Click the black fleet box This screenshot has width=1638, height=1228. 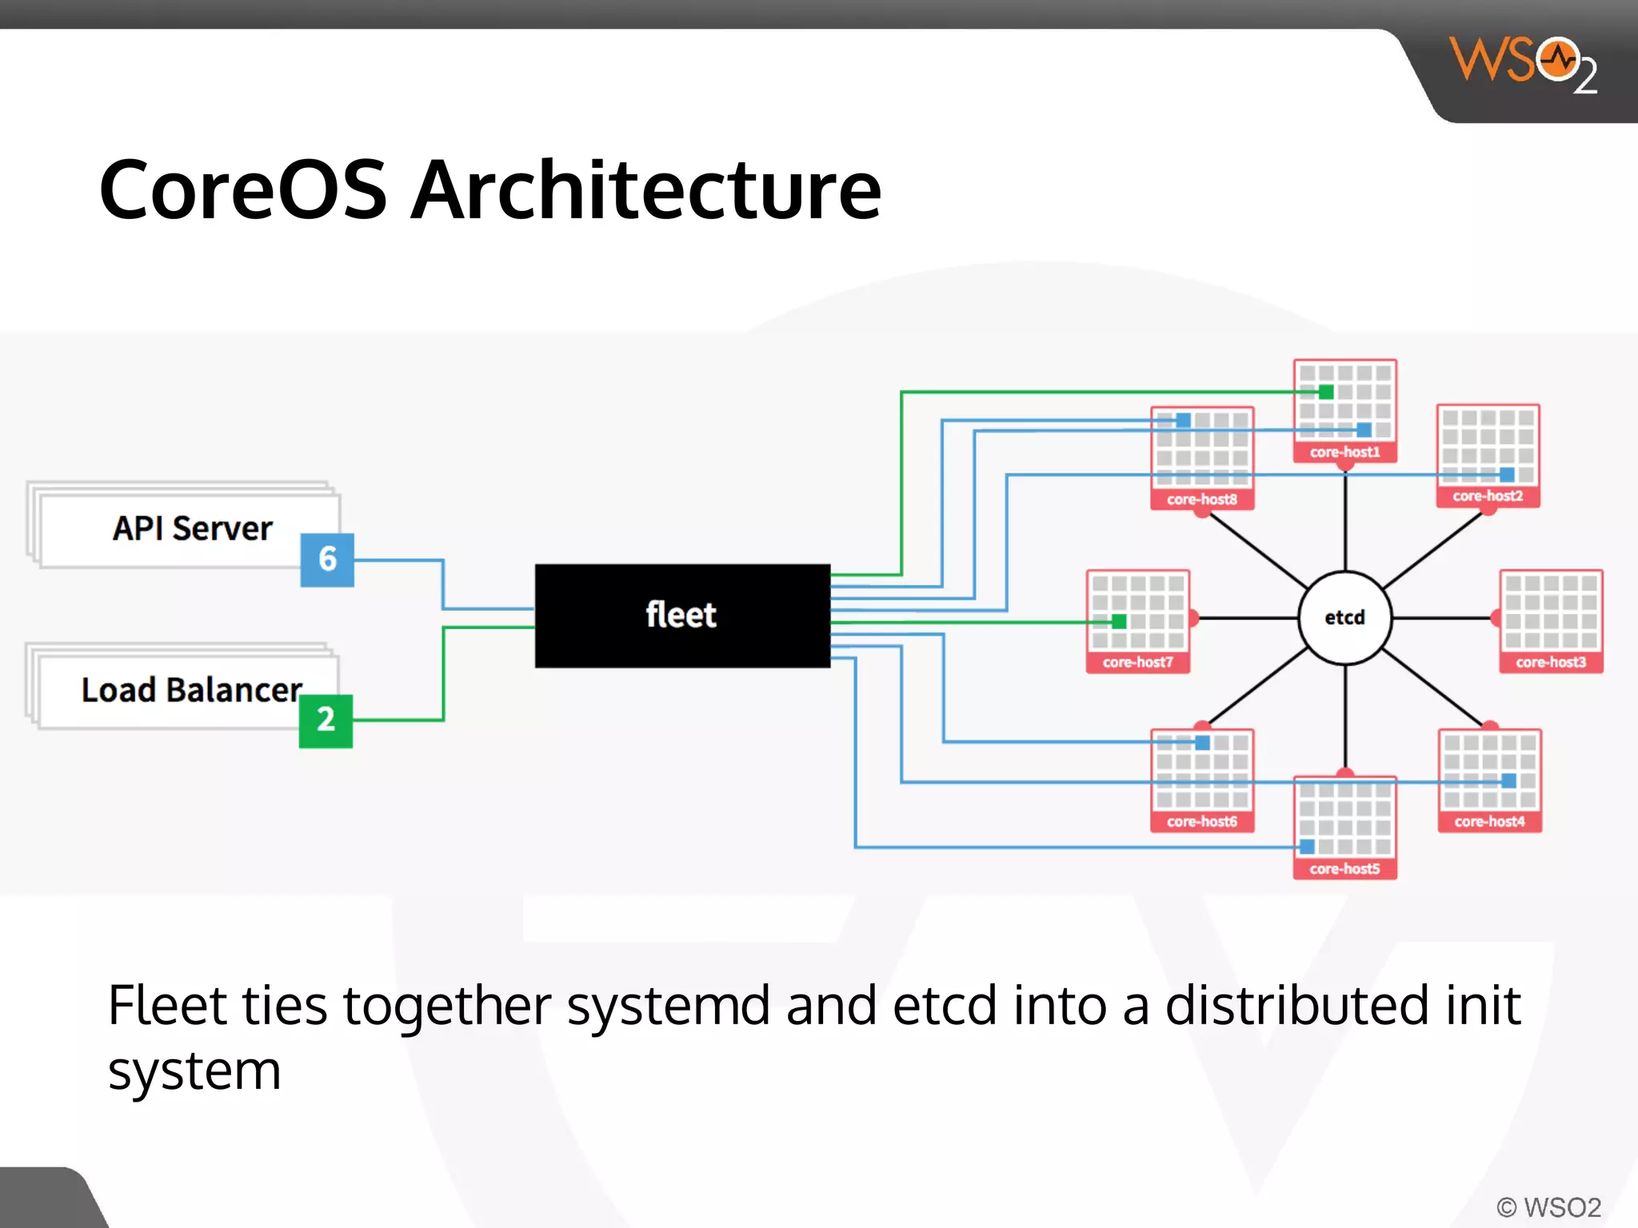point(682,616)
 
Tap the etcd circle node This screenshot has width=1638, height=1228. point(1344,617)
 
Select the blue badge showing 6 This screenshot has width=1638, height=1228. point(327,559)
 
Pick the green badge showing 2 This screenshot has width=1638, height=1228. point(326,720)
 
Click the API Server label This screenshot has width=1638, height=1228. point(192,528)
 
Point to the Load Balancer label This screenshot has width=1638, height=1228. point(192,690)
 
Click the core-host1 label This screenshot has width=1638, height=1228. point(1344,453)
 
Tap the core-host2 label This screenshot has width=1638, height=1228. point(1488,496)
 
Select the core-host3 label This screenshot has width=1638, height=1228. point(1550,663)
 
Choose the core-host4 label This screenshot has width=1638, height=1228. point(1489,822)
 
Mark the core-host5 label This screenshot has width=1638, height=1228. point(1344,869)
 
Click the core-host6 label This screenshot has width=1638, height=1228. point(1201,822)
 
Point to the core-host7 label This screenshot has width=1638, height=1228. point(1137,663)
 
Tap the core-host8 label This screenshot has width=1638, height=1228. point(1201,500)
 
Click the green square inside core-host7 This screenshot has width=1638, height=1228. point(1119,621)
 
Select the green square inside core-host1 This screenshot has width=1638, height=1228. point(1326,392)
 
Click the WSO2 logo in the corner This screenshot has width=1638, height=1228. point(1522,64)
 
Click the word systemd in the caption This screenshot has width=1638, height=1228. point(668,1006)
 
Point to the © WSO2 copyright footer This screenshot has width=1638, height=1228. point(1548,1207)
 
